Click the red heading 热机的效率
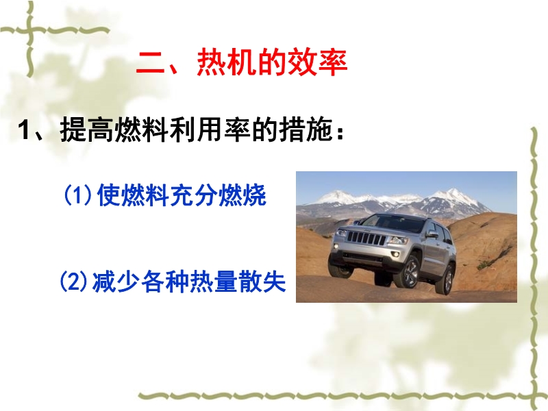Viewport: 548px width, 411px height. [x=272, y=62]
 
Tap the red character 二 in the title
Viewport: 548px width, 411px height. [x=150, y=63]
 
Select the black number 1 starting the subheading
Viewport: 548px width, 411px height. [x=24, y=129]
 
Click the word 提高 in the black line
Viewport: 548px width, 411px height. [x=88, y=129]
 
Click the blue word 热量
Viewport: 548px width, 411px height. [x=214, y=282]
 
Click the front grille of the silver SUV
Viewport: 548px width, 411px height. [x=366, y=238]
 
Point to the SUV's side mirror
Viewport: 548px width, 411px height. [x=432, y=235]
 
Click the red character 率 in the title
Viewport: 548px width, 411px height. [x=333, y=62]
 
